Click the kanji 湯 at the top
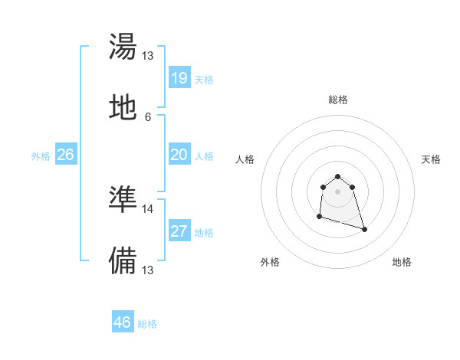[123, 47]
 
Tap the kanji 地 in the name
[123, 108]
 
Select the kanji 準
[123, 200]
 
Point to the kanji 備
[123, 260]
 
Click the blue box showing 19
[179, 78]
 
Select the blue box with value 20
[179, 155]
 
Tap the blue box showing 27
[179, 231]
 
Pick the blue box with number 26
[65, 155]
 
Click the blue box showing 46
[122, 322]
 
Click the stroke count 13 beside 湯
[148, 56]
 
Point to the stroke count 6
[148, 116]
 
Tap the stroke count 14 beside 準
[148, 208]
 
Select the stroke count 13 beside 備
[148, 270]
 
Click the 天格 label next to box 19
[204, 80]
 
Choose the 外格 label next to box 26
[41, 156]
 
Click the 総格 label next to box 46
[147, 324]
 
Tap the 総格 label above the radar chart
[338, 100]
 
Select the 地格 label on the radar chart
[402, 262]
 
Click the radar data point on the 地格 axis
[364, 229]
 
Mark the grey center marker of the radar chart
[338, 191]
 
